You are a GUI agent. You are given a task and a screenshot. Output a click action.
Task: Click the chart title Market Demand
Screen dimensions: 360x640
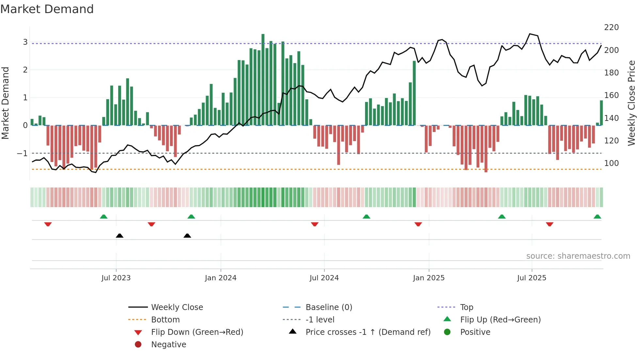tap(47, 9)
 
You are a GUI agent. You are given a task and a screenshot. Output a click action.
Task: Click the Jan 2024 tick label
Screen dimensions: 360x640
tap(220, 278)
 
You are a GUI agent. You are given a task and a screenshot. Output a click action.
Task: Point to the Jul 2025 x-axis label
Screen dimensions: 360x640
tap(531, 278)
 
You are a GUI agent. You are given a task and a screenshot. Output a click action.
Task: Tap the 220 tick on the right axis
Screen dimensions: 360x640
tap(611, 27)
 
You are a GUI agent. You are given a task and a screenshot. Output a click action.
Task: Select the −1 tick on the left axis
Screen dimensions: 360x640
tap(22, 153)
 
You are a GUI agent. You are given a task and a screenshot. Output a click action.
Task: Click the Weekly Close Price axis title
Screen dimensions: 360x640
tap(632, 103)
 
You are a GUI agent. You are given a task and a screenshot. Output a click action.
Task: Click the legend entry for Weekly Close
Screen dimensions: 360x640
tap(177, 307)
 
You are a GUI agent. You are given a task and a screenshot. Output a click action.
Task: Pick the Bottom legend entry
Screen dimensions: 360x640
tap(165, 320)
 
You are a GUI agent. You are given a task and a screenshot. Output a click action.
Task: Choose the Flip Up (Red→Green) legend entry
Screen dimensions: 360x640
tap(500, 320)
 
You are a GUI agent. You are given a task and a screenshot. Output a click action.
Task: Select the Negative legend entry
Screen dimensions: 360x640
tap(168, 345)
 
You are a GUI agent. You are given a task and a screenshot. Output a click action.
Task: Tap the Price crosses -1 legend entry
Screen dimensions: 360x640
tap(368, 332)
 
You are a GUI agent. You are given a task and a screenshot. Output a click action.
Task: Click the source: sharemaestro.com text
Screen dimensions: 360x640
tap(578, 256)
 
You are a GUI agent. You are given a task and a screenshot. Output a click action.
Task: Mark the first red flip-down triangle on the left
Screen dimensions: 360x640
tap(48, 224)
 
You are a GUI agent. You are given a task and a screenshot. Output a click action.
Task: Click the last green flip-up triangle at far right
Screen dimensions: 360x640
tap(597, 217)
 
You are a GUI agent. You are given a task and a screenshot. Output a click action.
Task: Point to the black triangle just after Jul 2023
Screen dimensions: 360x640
tap(120, 236)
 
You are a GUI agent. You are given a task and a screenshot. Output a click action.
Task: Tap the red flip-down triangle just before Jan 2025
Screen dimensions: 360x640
tap(418, 224)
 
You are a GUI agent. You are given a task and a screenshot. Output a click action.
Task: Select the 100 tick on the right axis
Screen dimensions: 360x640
tap(611, 163)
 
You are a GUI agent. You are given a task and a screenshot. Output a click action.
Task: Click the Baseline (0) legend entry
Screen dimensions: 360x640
tap(328, 307)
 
